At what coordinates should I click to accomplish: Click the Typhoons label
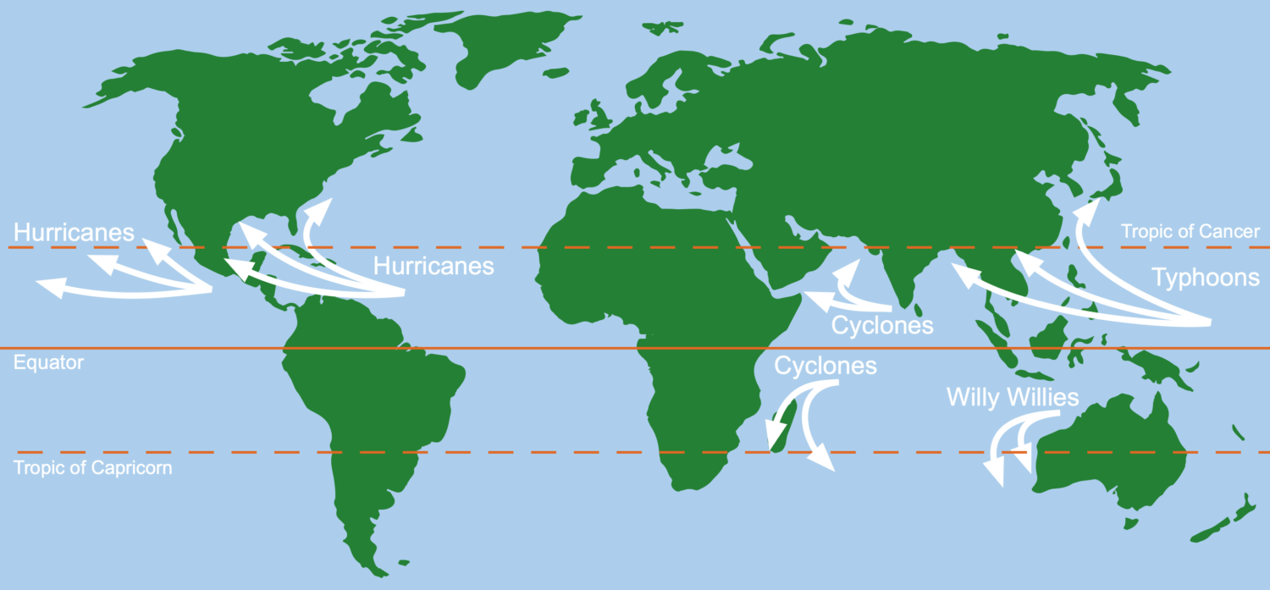point(1205,277)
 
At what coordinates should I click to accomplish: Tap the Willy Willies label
point(1013,396)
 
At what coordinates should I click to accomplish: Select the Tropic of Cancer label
point(1190,231)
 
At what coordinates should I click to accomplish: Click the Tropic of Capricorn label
point(93,467)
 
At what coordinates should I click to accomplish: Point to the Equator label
point(49,362)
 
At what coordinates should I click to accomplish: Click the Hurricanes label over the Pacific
point(74,233)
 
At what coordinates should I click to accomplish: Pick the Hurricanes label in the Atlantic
point(433,266)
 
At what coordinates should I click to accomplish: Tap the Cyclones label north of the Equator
point(882,325)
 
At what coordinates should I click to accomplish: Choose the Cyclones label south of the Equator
point(825,366)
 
